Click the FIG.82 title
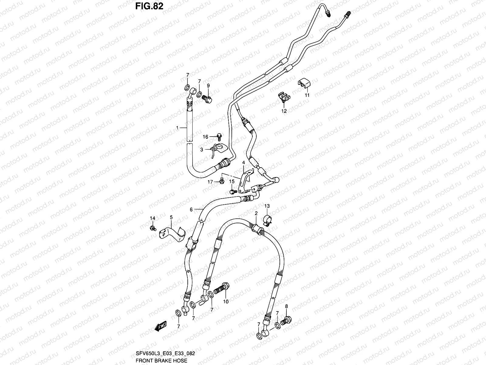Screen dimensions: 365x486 (x=149, y=6)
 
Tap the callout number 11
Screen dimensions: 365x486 (x=307, y=95)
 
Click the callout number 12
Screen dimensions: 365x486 (x=284, y=111)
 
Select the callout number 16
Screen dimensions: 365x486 (x=206, y=137)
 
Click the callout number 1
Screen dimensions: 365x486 (x=177, y=128)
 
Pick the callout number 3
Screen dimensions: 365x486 (x=201, y=150)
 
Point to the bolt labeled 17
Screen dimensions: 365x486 (x=221, y=181)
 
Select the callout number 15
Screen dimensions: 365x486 (x=232, y=182)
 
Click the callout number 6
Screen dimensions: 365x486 (x=191, y=209)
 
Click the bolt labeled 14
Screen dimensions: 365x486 (x=153, y=228)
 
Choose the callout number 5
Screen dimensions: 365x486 (x=171, y=217)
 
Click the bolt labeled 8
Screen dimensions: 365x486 (x=287, y=320)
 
